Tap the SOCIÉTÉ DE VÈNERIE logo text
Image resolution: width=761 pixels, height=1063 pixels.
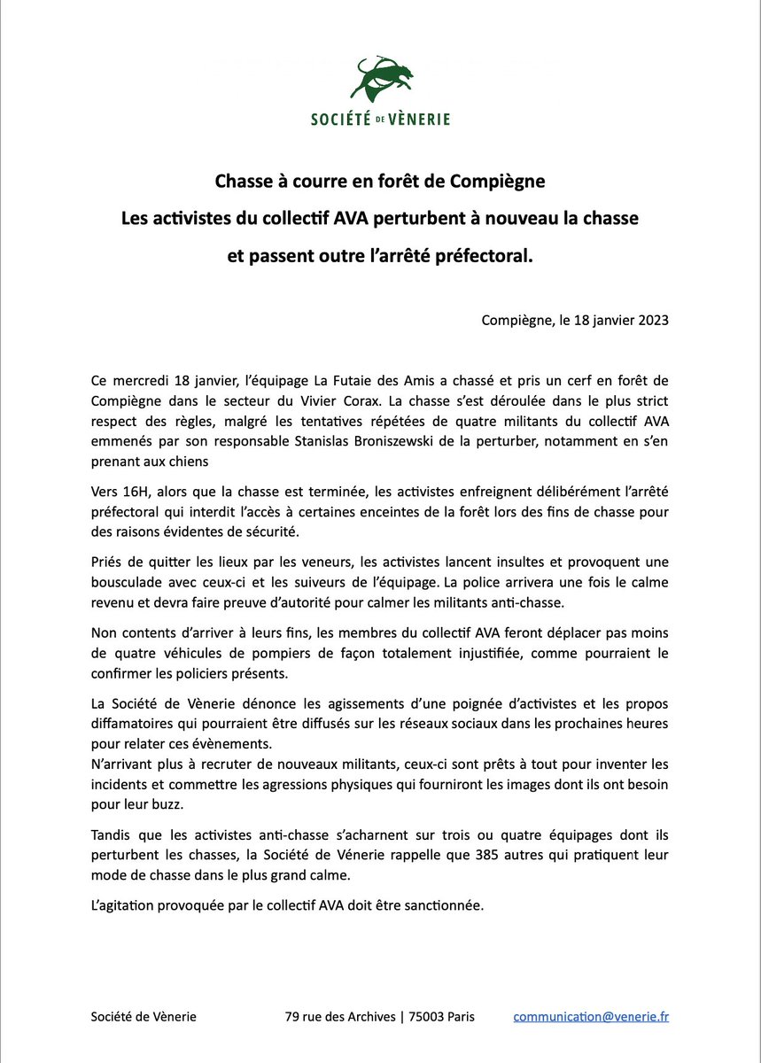380,119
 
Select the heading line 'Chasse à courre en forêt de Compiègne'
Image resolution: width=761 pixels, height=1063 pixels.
380,182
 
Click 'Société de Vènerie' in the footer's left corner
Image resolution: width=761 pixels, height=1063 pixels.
144,1017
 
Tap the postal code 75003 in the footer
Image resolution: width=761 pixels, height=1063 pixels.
423,1017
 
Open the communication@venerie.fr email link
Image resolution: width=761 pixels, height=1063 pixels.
591,1017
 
